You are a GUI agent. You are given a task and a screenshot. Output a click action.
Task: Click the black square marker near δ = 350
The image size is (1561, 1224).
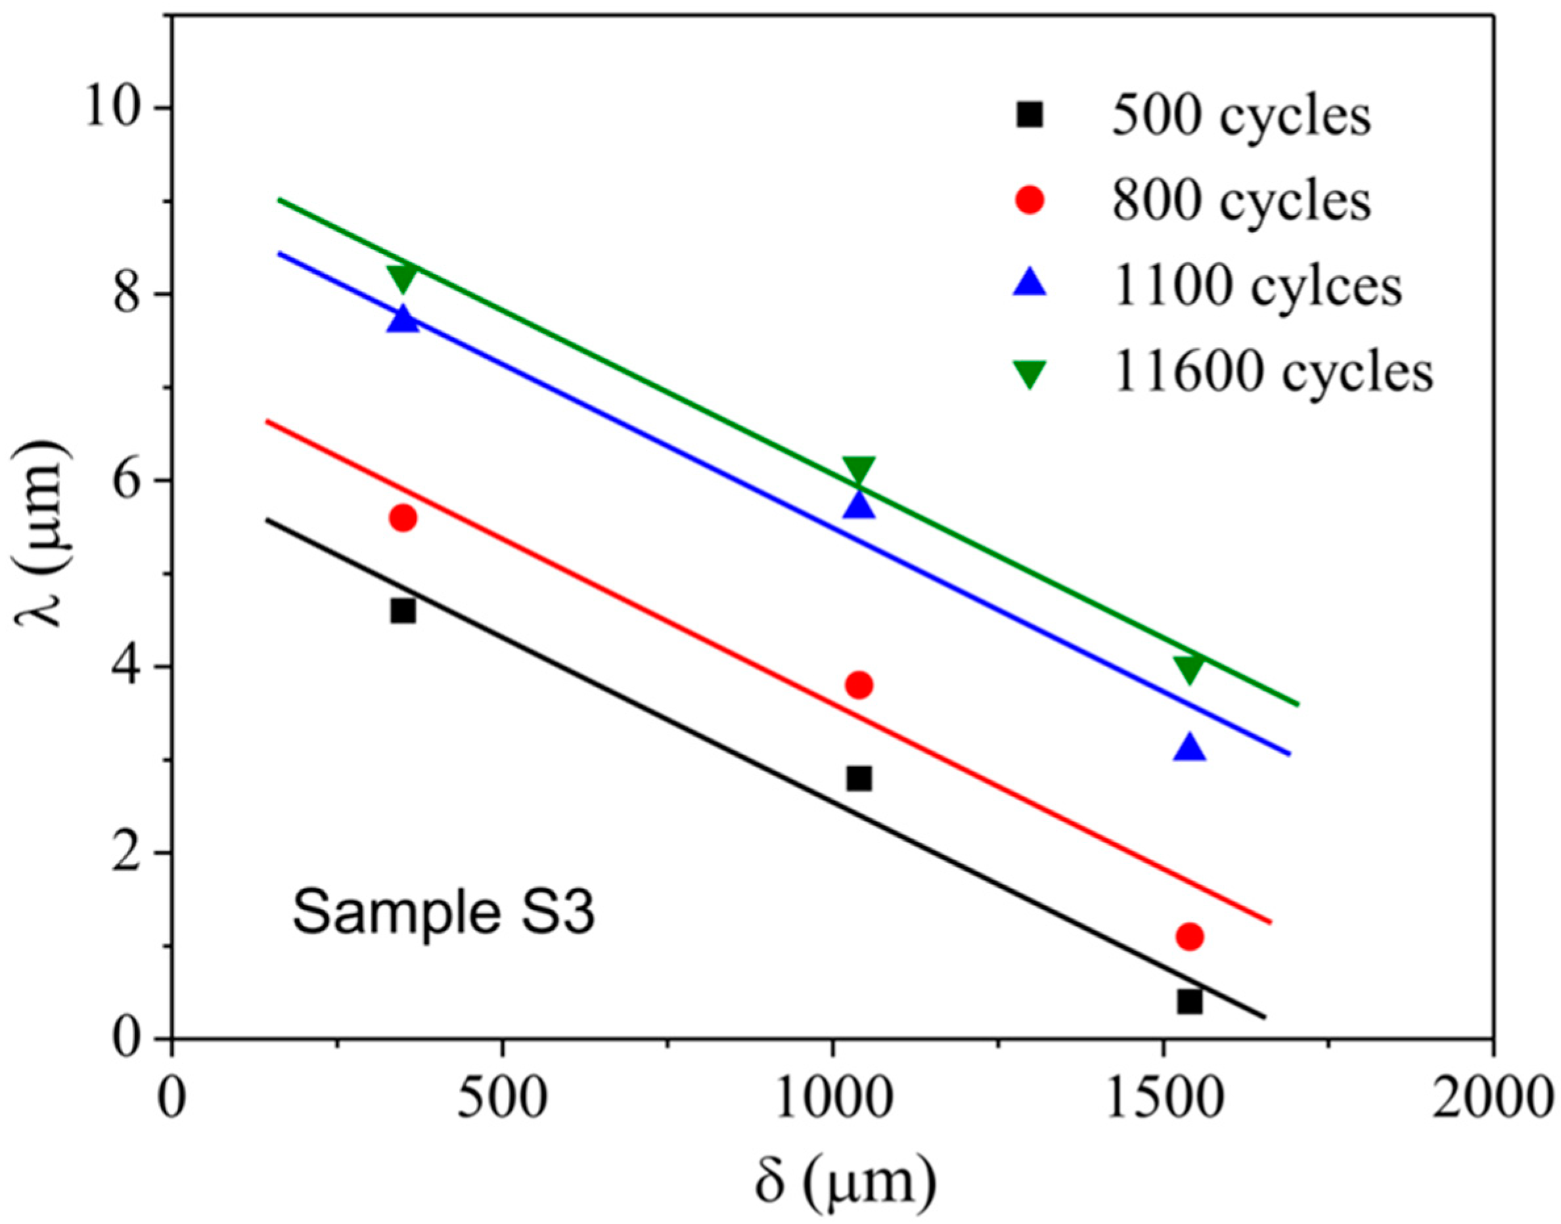pyautogui.click(x=402, y=611)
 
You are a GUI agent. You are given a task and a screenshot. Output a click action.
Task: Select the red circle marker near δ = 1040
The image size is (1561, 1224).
pyautogui.click(x=858, y=685)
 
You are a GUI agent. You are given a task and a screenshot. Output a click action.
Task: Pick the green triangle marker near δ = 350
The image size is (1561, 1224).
pyautogui.click(x=402, y=277)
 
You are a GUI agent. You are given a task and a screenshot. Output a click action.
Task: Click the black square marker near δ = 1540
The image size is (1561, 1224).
pyautogui.click(x=1189, y=1001)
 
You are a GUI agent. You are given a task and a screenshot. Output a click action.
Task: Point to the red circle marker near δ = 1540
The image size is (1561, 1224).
pyautogui.click(x=1189, y=936)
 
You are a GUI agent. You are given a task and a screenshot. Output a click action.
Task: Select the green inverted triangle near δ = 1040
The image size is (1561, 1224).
pyautogui.click(x=858, y=470)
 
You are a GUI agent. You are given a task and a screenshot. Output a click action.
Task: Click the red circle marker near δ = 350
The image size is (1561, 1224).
pyautogui.click(x=402, y=517)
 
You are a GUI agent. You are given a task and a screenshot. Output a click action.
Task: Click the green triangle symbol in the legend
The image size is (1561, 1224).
pyautogui.click(x=1030, y=372)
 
